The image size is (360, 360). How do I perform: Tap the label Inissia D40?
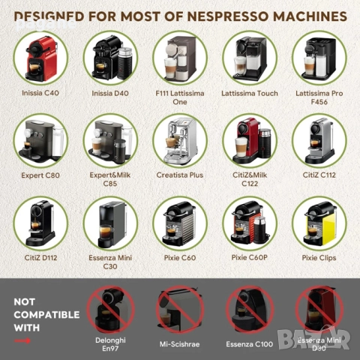tap(110, 94)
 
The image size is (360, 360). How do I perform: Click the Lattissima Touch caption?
tap(250, 94)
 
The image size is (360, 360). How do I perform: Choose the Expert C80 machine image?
tap(40, 139)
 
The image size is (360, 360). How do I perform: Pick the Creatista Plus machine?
tap(180, 139)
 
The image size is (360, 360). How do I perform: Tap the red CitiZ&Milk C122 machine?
tap(250, 139)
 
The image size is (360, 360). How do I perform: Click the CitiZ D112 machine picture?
tap(40, 223)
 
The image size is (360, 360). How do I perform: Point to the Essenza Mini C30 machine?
tap(110, 223)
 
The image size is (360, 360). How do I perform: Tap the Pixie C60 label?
tap(180, 258)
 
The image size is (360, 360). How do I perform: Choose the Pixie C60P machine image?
tap(250, 223)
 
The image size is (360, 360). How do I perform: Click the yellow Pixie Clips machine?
tap(319, 223)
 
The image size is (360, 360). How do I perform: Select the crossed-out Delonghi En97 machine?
tap(110, 307)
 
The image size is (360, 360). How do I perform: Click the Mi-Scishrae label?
tap(180, 344)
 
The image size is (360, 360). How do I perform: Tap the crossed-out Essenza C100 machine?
tap(250, 307)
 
